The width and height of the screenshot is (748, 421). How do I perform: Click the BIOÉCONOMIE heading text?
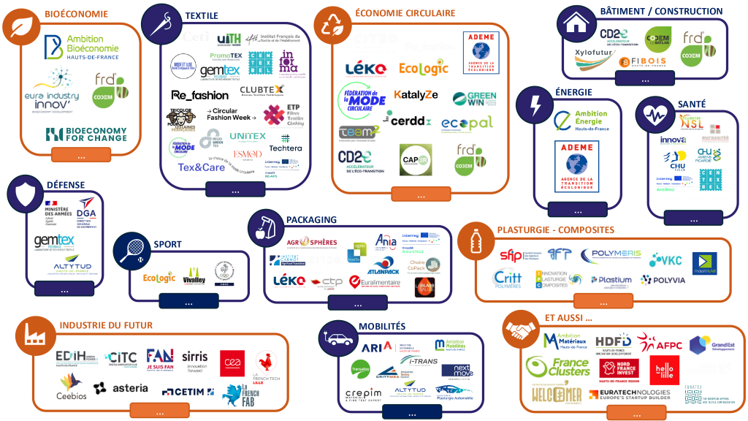click(76, 14)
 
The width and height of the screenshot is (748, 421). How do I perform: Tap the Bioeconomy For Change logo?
click(85, 134)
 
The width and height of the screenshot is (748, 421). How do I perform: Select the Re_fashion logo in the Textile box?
click(199, 95)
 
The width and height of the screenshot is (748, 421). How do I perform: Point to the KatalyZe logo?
click(416, 95)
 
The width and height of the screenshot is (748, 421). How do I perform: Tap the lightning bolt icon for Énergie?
click(535, 106)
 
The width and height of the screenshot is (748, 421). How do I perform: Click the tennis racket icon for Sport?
click(131, 251)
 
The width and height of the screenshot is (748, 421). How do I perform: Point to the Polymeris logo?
click(611, 254)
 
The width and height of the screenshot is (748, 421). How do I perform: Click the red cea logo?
click(232, 363)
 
